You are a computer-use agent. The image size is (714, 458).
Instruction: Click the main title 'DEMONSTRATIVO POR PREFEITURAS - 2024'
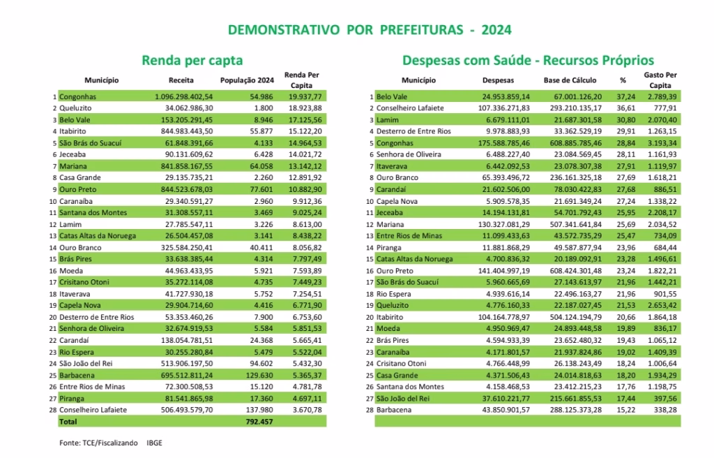(370, 30)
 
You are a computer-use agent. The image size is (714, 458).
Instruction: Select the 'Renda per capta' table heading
(192, 61)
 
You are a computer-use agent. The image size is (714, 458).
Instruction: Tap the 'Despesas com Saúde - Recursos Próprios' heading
(528, 61)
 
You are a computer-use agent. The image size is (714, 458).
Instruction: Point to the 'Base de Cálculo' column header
(567, 80)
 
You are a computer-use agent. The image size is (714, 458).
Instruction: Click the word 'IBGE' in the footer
(155, 443)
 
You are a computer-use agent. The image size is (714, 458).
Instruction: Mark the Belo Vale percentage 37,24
(623, 97)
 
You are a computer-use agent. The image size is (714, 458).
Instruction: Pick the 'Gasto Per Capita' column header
(660, 80)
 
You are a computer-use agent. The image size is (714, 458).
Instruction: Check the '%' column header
(623, 80)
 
